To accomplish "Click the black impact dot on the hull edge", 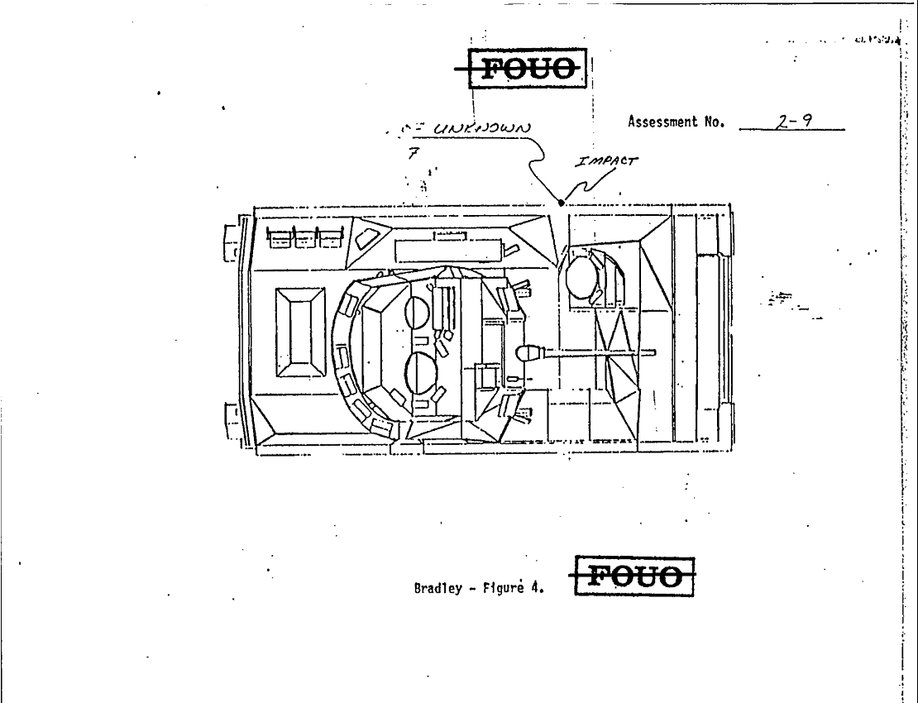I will tap(562, 203).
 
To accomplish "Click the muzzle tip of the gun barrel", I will tap(653, 354).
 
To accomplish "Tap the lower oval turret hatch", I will tap(421, 373).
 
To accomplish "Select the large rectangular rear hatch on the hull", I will tap(299, 332).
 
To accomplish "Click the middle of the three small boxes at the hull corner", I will tap(305, 237).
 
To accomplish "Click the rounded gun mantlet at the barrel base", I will tap(527, 354).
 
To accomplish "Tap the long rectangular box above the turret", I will tap(447, 249).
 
